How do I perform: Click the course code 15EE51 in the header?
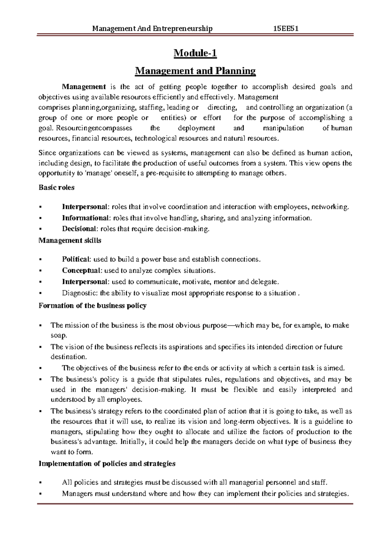[286, 29]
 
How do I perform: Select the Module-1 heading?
[195, 53]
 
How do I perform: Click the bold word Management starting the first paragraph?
[84, 87]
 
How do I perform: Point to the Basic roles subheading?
[56, 188]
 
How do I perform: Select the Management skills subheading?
[70, 240]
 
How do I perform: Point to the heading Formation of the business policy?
[92, 306]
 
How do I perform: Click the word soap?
[59, 335]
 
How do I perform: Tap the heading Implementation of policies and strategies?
[107, 464]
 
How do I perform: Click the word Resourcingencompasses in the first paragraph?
[94, 128]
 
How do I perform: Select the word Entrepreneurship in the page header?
[183, 29]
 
